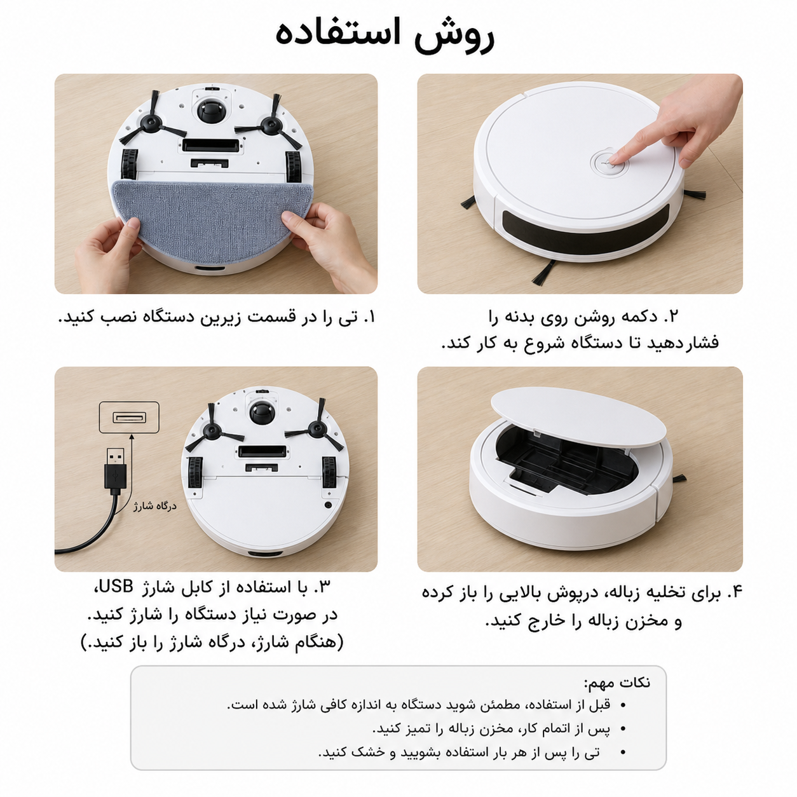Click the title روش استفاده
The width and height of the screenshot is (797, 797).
[x=385, y=34]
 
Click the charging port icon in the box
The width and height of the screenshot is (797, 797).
[x=130, y=418]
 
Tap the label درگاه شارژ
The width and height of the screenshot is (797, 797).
[x=154, y=506]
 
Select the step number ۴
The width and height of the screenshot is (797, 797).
[x=735, y=592]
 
